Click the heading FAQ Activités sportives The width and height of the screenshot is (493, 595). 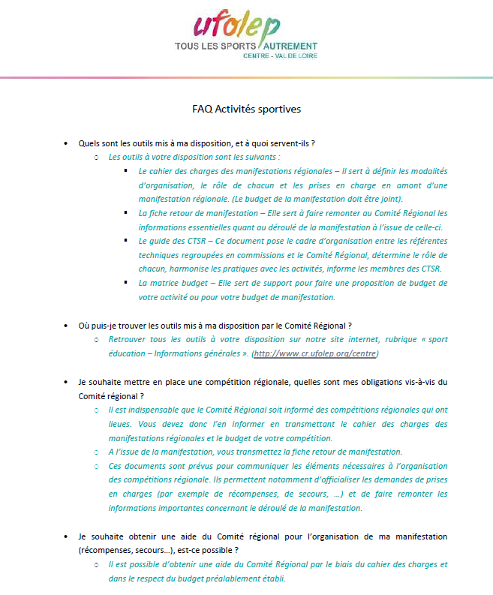[246, 109]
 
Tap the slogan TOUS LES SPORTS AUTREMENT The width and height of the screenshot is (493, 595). [245, 47]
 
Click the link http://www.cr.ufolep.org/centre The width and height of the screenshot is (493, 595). [315, 353]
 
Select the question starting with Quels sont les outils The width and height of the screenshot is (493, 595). [196, 143]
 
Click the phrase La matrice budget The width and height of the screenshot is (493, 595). [169, 283]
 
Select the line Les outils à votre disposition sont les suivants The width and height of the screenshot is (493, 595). [194, 157]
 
